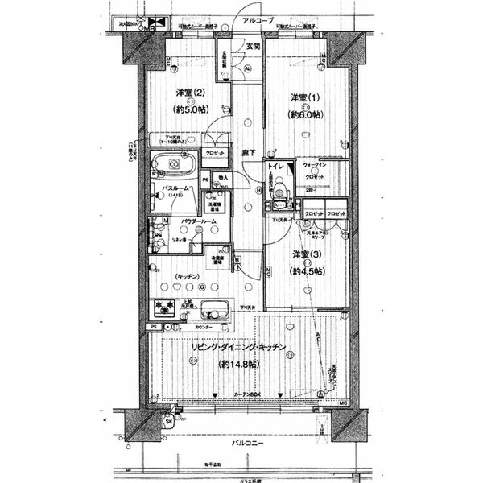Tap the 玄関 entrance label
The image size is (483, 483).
point(253,47)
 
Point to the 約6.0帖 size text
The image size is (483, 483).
point(305,115)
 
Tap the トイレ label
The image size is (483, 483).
point(276,168)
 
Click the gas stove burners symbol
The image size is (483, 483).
point(167,307)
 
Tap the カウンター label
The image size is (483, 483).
point(204,328)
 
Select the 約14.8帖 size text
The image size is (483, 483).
point(242,364)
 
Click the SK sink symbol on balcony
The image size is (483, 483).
point(168,422)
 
